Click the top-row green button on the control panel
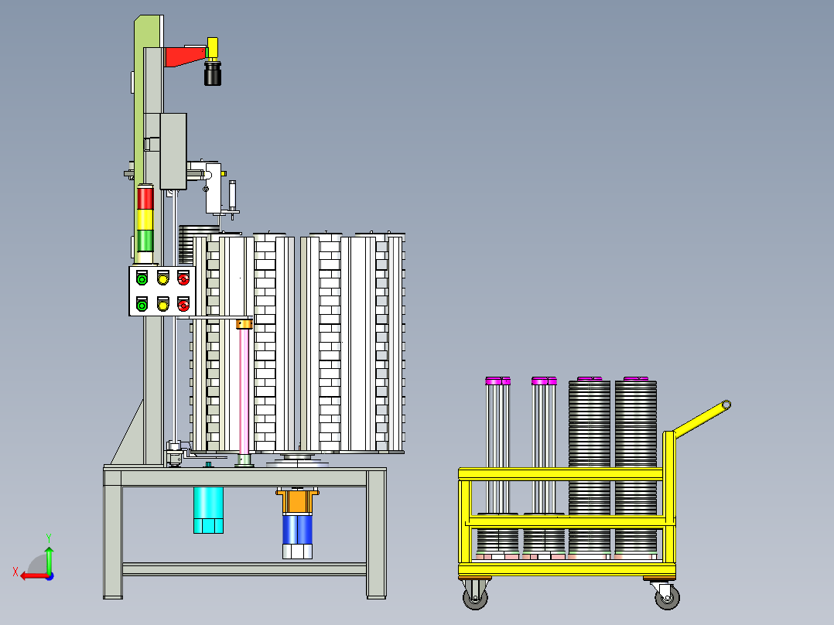point(142,278)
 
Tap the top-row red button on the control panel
point(183,278)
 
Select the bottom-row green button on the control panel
point(142,305)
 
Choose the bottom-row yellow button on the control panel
point(162,305)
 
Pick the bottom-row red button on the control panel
point(183,305)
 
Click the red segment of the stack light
point(145,198)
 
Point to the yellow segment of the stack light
point(145,219)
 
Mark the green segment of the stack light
point(145,240)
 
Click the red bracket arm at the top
point(184,56)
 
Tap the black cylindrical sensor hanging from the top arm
point(213,75)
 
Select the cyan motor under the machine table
point(208,510)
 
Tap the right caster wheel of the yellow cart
point(666,596)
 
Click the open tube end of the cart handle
point(726,405)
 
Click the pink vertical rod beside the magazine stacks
point(244,391)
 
